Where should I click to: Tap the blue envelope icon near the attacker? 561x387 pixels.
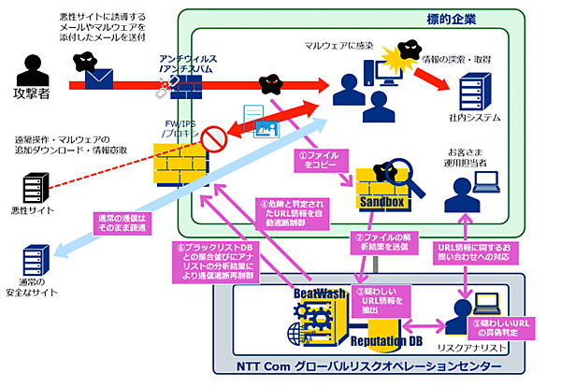99,78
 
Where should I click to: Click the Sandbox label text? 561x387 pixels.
381,202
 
